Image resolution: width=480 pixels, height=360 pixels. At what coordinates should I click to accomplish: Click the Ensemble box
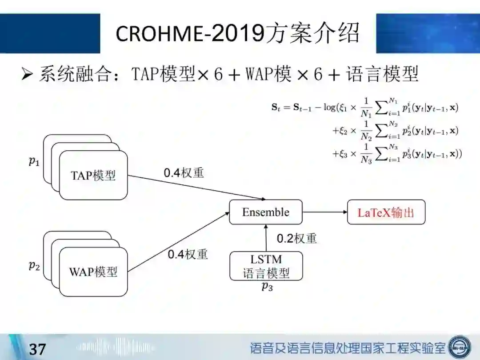pyautogui.click(x=266, y=212)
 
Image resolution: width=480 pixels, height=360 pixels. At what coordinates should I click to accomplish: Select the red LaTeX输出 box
pyautogui.click(x=386, y=212)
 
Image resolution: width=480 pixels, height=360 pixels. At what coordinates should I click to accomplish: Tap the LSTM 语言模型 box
pyautogui.click(x=266, y=266)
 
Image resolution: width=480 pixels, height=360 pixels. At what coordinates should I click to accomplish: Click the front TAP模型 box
pyautogui.click(x=93, y=175)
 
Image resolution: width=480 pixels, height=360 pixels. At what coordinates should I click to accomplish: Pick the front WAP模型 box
pyautogui.click(x=93, y=272)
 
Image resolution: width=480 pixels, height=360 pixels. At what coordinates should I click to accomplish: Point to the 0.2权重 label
pyautogui.click(x=297, y=239)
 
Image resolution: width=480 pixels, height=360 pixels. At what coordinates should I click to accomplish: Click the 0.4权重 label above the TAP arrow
pyautogui.click(x=184, y=173)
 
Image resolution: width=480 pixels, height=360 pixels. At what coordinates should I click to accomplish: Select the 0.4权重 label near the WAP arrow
pyautogui.click(x=188, y=254)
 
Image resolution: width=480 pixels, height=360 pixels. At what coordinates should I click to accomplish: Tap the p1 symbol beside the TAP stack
pyautogui.click(x=34, y=161)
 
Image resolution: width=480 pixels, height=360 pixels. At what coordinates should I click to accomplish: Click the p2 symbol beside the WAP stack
pyautogui.click(x=34, y=266)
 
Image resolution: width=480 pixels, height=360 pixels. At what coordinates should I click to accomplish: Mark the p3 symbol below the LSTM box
pyautogui.click(x=267, y=287)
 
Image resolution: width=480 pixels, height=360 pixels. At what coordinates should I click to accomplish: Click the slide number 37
pyautogui.click(x=37, y=349)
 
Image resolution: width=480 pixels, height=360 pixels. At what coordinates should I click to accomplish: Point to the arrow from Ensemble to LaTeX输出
pyautogui.click(x=325, y=212)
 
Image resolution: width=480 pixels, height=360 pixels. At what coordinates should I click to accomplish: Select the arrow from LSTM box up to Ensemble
pyautogui.click(x=266, y=238)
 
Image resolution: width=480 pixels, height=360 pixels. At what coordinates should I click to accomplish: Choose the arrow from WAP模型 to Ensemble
pyautogui.click(x=178, y=242)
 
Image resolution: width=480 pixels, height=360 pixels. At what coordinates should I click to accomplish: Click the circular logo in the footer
pyautogui.click(x=459, y=346)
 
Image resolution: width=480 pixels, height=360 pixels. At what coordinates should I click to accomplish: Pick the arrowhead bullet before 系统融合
pyautogui.click(x=28, y=74)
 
